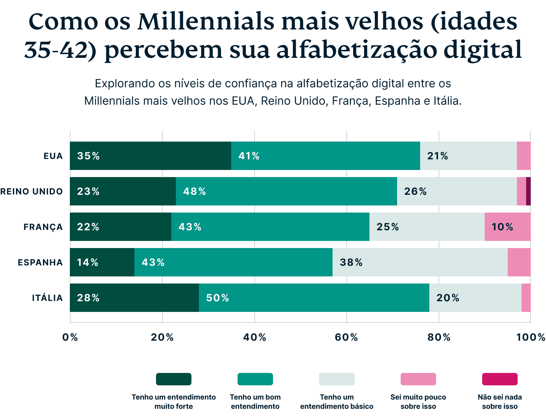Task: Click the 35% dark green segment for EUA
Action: pos(150,156)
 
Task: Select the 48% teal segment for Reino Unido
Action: pos(286,191)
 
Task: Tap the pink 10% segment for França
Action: pos(507,227)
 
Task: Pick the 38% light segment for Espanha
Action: pos(420,262)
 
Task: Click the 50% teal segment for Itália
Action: pos(314,298)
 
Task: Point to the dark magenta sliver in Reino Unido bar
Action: pos(528,191)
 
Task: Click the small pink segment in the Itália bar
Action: pos(526,298)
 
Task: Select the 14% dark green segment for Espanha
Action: pos(102,262)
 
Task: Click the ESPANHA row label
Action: pos(40,263)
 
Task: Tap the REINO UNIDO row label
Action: pos(32,192)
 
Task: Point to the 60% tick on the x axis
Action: pos(346,337)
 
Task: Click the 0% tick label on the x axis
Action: pos(70,337)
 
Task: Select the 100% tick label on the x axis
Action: pos(530,337)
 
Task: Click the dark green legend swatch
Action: pos(174,379)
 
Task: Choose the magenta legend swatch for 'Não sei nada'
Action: pos(500,379)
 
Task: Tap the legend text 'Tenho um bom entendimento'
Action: pos(255,402)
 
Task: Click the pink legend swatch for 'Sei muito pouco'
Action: pos(418,379)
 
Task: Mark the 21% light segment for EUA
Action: pos(468,156)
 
